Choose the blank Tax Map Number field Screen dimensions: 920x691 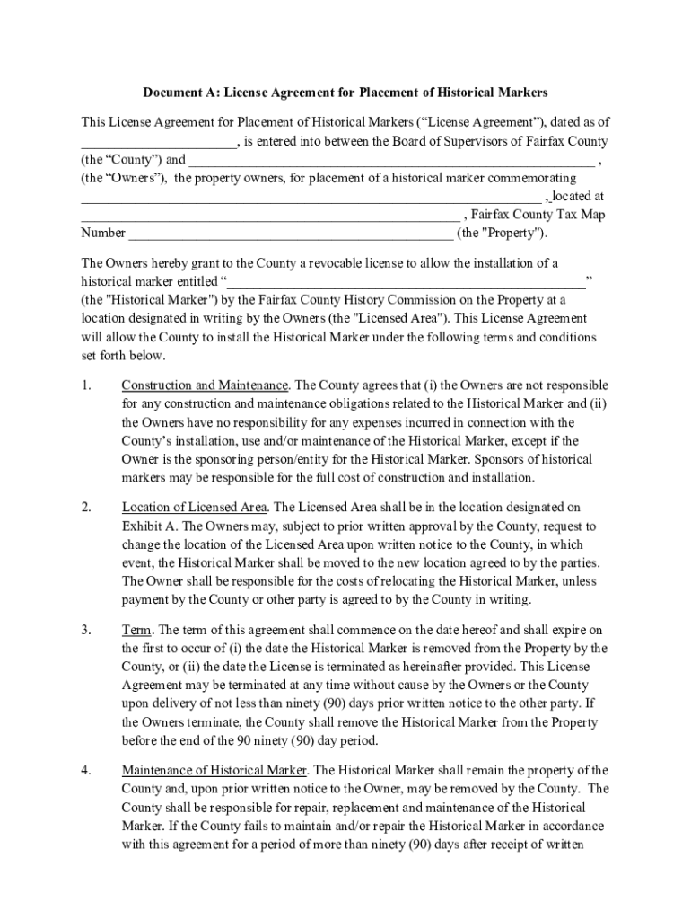(x=291, y=234)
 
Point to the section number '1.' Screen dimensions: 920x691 (x=86, y=385)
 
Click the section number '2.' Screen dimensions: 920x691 (x=86, y=509)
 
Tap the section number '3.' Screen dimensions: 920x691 (x=86, y=631)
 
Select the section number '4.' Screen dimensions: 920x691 (x=86, y=771)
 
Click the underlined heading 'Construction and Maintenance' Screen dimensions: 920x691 (x=205, y=385)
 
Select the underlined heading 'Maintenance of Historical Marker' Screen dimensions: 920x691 (x=214, y=771)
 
